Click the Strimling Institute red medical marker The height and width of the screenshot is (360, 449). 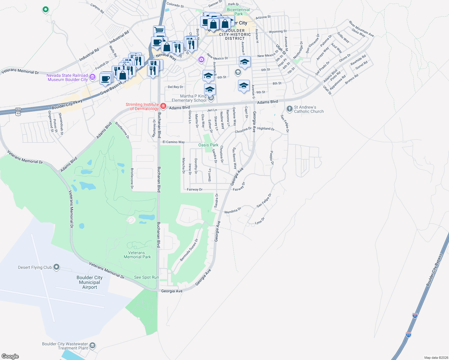pos(163,106)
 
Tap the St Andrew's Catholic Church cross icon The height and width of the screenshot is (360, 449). pos(289,109)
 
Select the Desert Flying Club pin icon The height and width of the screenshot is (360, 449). pos(56,267)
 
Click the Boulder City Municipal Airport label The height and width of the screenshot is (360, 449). pos(89,282)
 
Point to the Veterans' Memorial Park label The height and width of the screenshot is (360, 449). pos(137,255)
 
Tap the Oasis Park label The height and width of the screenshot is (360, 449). pos(208,145)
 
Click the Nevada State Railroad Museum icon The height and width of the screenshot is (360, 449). pos(92,77)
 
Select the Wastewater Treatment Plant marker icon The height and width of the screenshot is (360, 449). pos(92,346)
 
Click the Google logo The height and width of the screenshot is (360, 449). pos(10,356)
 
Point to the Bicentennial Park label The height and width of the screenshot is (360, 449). pos(238,12)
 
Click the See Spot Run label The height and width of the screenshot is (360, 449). pos(146,277)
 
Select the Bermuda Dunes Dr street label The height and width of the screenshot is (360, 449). pos(189,250)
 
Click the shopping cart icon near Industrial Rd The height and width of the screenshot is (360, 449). pos(159,30)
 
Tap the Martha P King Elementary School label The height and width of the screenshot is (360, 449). pos(189,98)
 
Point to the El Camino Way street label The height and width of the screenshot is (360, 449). pos(173,142)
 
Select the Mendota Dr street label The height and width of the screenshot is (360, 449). pos(233,210)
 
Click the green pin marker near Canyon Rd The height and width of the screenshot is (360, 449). pos(45,10)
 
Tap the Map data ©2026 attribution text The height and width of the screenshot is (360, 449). pos(436,357)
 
